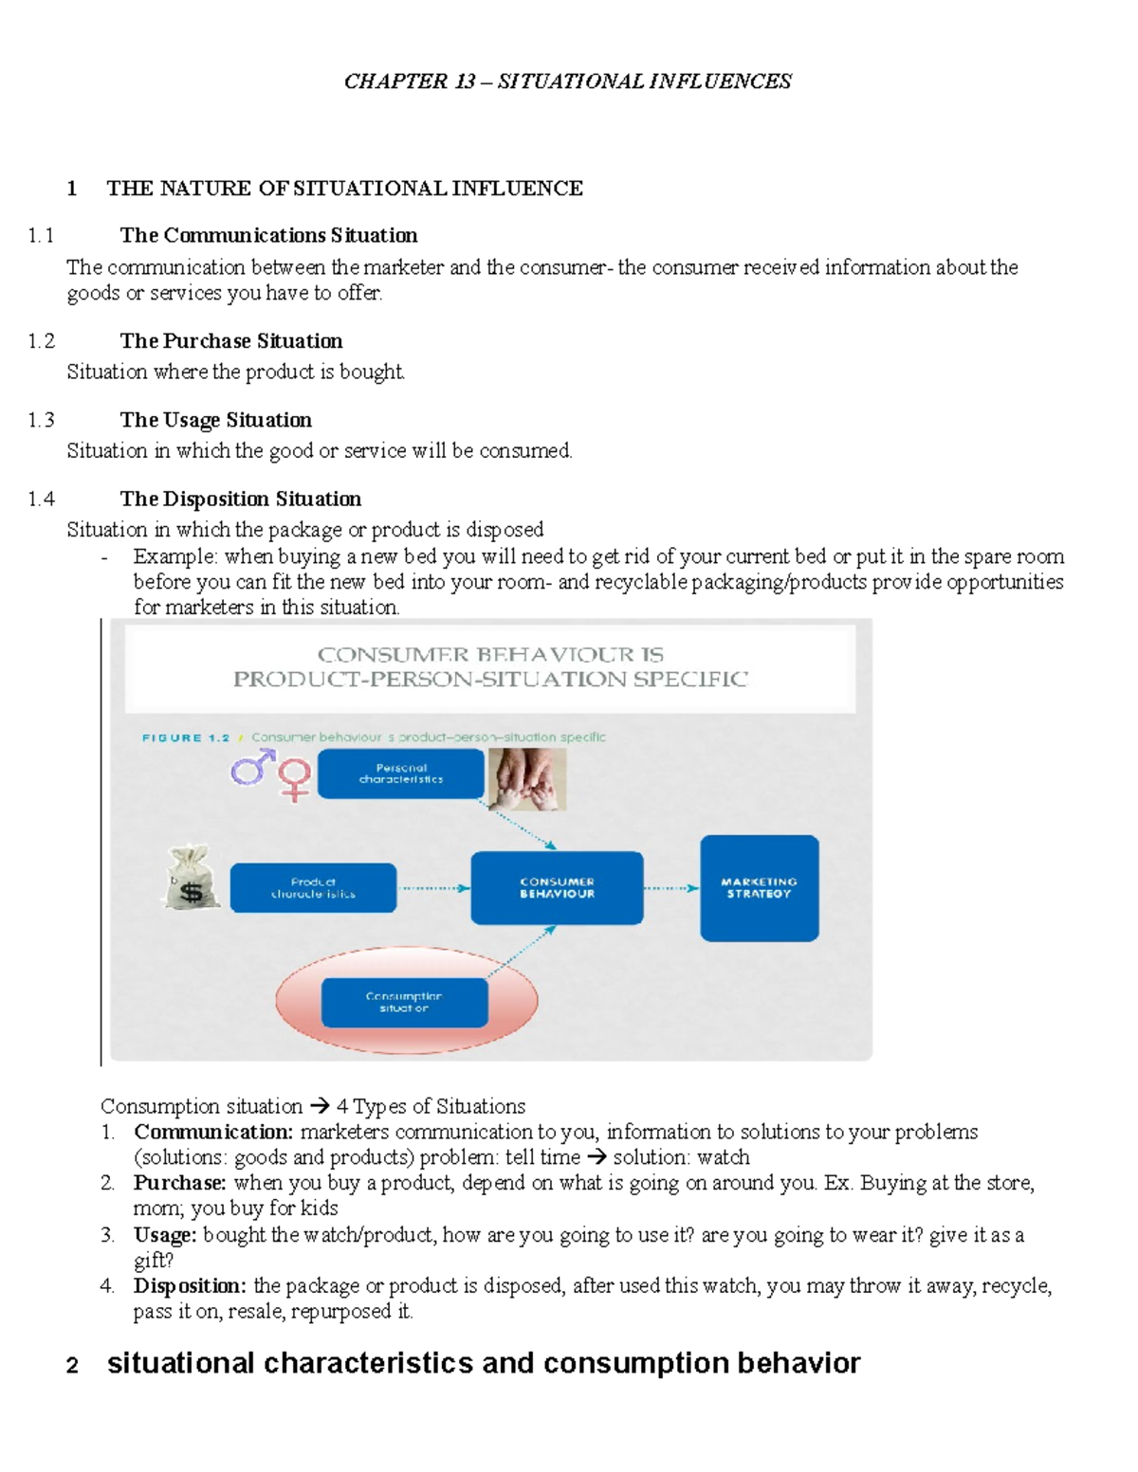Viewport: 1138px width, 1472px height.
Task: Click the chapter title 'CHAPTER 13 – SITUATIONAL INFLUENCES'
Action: (x=567, y=82)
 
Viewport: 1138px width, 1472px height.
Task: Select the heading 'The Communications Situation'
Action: (x=268, y=235)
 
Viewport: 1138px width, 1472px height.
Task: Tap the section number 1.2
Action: (x=42, y=341)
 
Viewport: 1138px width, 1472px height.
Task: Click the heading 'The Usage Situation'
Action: (x=215, y=420)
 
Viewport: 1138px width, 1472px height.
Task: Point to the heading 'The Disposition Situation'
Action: (x=240, y=499)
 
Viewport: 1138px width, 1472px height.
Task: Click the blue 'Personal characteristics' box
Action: (x=400, y=773)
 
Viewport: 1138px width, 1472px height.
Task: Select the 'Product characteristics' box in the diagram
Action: (x=313, y=888)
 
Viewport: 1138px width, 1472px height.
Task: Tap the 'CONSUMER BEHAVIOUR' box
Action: (x=557, y=888)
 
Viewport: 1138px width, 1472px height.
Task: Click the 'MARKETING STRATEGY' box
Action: (x=759, y=888)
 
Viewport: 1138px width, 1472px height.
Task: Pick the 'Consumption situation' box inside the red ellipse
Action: (x=404, y=1003)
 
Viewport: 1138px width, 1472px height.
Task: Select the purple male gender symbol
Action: (x=252, y=768)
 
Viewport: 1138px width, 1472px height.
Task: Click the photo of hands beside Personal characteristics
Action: (x=527, y=779)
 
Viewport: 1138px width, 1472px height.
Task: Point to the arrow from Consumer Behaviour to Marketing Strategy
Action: (x=671, y=888)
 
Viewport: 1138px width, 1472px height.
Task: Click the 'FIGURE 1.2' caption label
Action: (x=186, y=737)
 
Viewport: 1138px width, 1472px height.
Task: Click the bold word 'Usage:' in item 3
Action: (x=165, y=1235)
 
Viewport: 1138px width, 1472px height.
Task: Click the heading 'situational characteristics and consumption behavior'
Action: (x=483, y=1364)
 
